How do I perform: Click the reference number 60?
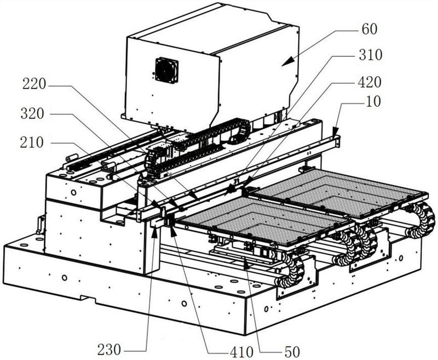point(369,29)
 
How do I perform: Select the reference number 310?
point(371,55)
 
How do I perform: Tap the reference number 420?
point(370,82)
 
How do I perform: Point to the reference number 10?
point(373,102)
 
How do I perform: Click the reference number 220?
point(34,84)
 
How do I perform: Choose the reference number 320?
point(32,114)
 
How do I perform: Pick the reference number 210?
point(32,142)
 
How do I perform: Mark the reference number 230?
point(109,350)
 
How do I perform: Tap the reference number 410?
point(242,352)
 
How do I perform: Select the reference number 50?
point(292,352)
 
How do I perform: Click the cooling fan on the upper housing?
point(167,70)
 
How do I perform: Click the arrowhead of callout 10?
point(335,132)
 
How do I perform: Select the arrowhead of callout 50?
point(246,264)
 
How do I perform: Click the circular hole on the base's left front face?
point(65,278)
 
